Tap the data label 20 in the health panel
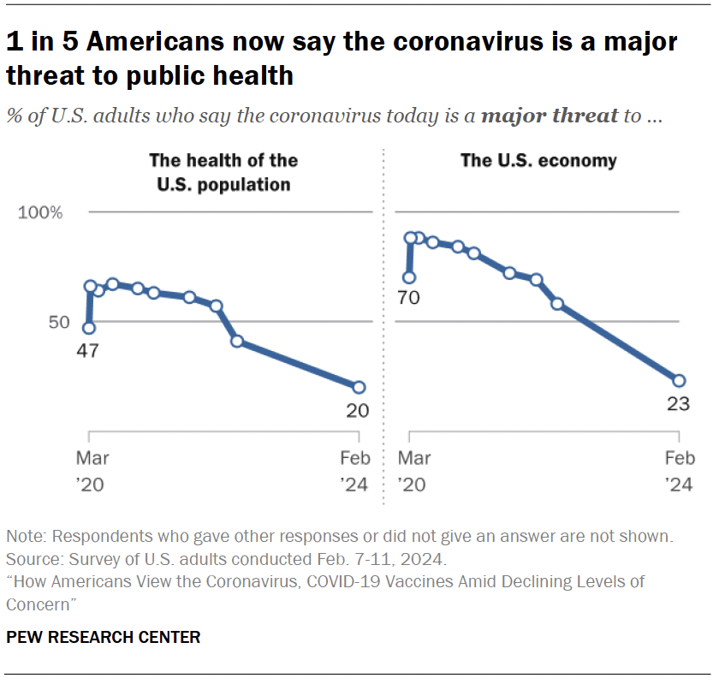357,411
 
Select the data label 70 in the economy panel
408,299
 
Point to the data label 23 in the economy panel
677,404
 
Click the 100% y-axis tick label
41,212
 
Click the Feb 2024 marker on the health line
359,387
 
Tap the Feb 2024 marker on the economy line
679,380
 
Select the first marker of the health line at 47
89,328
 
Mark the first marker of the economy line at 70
409,277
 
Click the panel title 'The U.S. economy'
538,160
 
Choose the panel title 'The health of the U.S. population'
223,171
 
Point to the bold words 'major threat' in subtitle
550,116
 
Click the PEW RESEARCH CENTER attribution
104,637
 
